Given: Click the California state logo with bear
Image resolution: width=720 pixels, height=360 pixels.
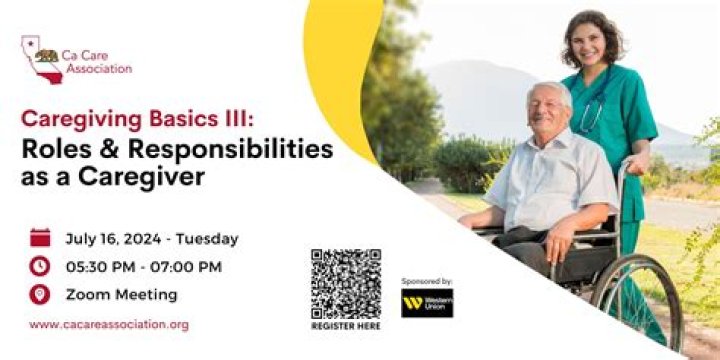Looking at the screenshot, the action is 42,60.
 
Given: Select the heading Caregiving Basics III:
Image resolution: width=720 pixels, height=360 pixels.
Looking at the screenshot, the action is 137,119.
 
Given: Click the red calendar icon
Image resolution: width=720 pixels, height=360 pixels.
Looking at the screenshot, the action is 40,238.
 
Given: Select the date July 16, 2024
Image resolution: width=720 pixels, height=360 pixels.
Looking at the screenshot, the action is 113,239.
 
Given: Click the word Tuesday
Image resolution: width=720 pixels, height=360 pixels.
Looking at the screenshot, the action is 207,239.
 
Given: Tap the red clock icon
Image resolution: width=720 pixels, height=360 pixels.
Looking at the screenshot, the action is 40,266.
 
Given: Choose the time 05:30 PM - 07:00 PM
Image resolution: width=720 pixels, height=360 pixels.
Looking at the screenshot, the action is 144,267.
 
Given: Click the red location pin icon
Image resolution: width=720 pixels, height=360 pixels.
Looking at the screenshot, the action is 40,294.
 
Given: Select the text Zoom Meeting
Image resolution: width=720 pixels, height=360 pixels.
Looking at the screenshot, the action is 122,295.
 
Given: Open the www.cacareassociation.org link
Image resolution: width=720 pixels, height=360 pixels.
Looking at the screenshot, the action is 109,325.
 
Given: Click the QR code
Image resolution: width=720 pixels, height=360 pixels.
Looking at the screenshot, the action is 346,284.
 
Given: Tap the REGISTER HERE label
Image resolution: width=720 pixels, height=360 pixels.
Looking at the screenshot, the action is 346,326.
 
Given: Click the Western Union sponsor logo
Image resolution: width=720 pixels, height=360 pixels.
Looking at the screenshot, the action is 427,303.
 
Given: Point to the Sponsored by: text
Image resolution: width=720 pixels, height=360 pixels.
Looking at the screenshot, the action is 427,281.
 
